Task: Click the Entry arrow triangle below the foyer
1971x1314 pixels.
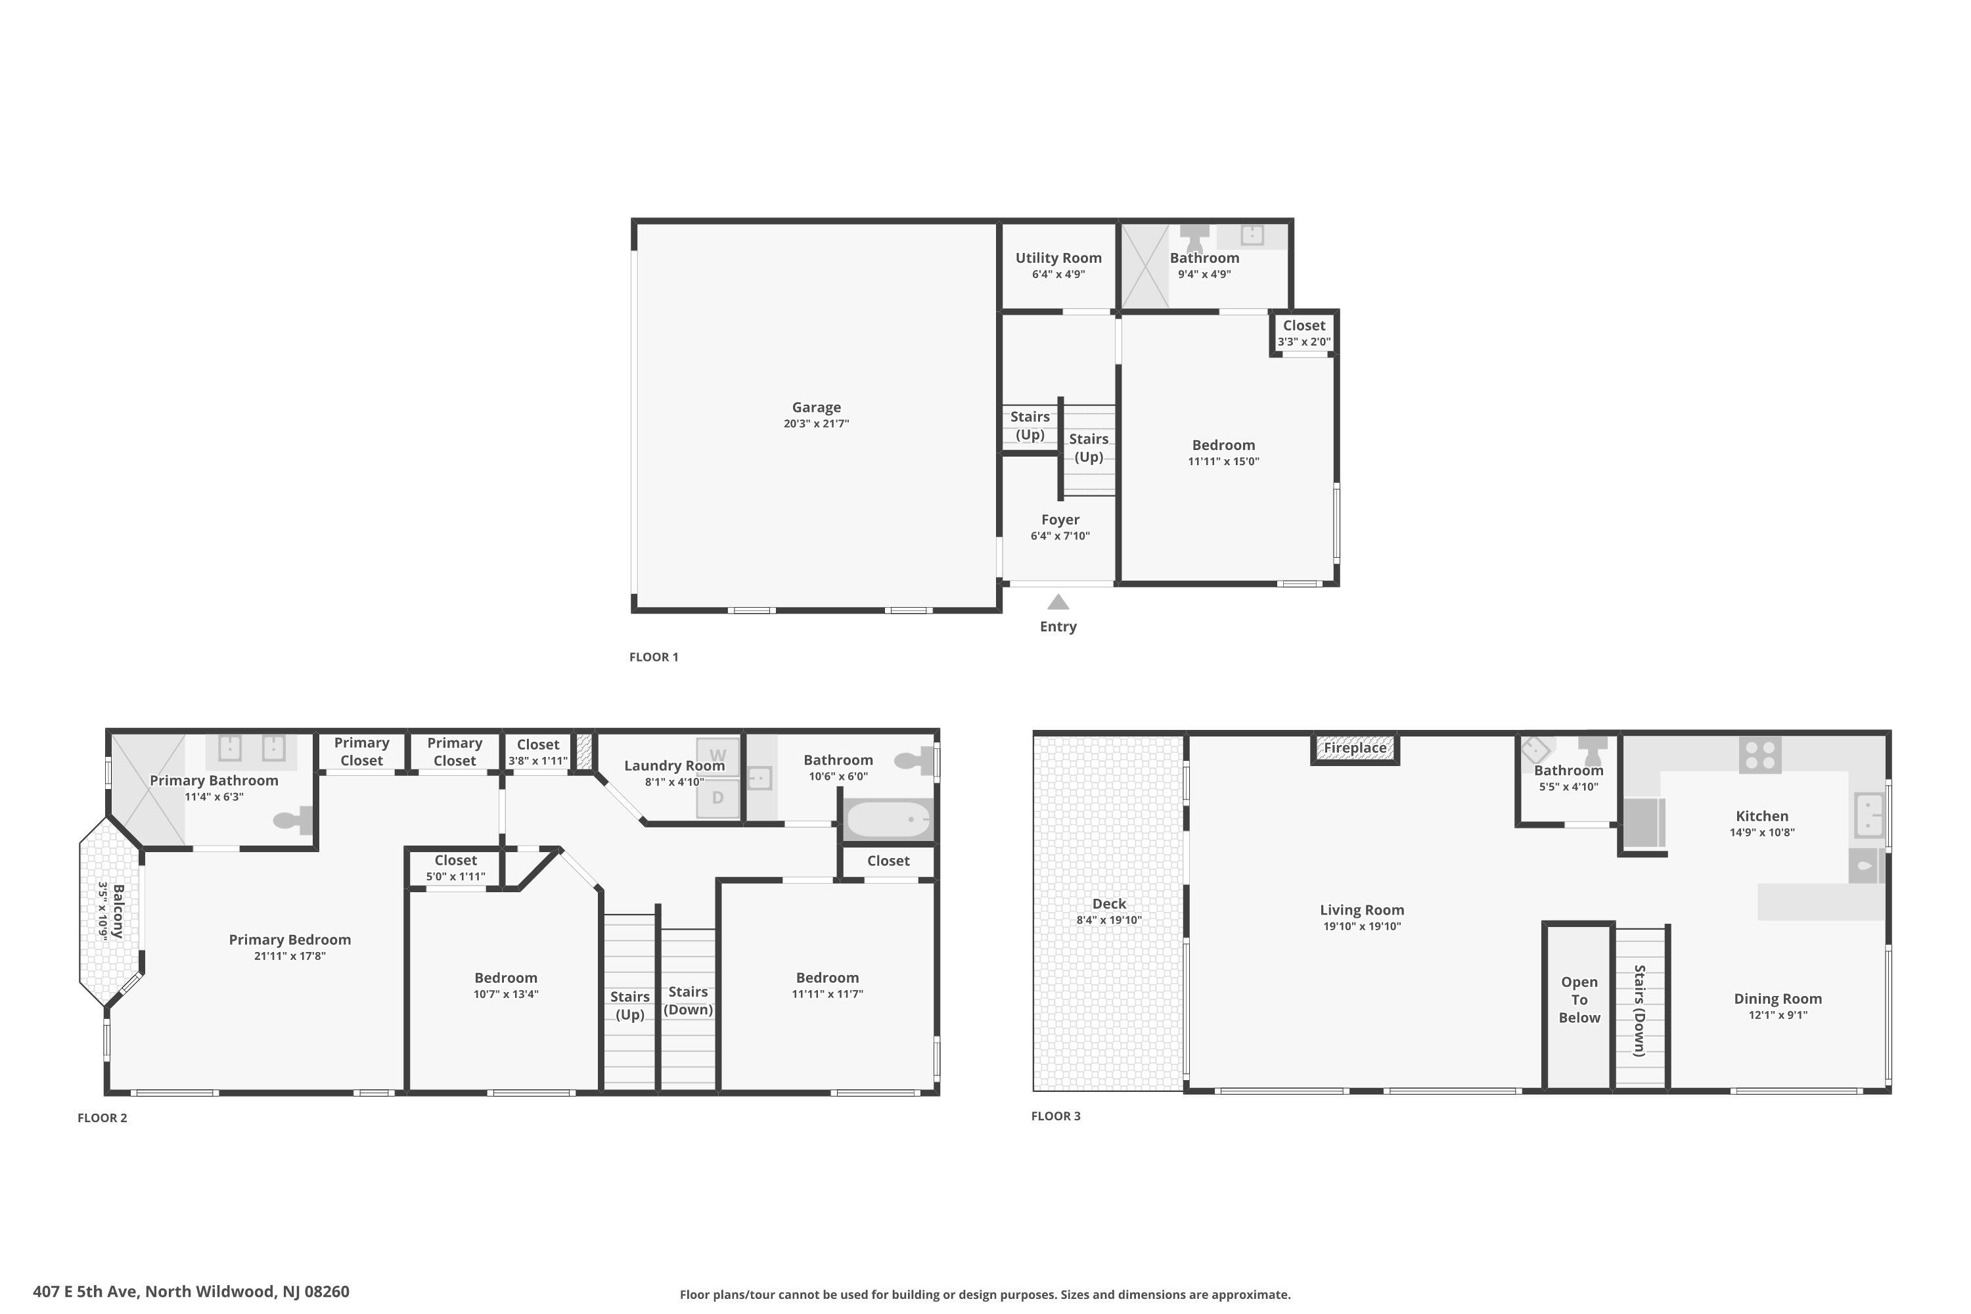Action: coord(1058,602)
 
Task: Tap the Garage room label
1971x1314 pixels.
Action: coord(816,408)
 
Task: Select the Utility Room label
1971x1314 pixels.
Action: coord(1058,258)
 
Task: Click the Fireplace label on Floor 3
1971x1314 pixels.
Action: coord(1355,748)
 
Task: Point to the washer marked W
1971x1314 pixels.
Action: coord(718,756)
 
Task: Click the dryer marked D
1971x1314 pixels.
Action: coord(718,798)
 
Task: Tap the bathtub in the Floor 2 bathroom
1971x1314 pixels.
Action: coord(888,819)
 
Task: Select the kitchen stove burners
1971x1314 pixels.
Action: coord(1760,754)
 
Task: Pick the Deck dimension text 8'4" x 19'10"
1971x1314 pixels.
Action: coord(1109,920)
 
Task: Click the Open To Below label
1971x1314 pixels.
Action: coord(1579,1000)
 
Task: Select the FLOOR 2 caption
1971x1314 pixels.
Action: coord(102,1118)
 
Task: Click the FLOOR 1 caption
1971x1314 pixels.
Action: coord(654,657)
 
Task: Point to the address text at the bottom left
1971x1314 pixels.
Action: coord(191,1292)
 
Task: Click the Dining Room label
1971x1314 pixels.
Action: coord(1777,999)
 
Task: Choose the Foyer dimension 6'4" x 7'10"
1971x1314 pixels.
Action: coord(1060,536)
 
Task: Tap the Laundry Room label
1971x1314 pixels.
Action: coord(674,766)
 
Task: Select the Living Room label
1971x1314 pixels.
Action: coord(1362,910)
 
